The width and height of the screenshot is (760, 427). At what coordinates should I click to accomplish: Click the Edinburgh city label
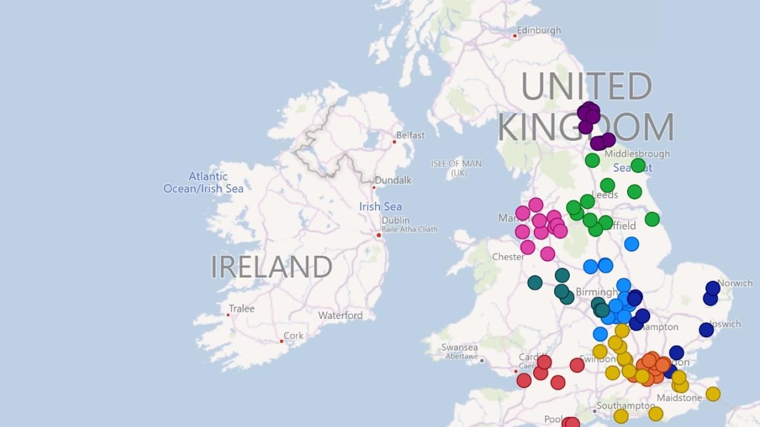point(538,30)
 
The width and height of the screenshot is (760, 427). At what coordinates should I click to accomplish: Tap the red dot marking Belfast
point(394,141)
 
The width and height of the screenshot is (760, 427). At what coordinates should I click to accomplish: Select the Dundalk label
point(393,180)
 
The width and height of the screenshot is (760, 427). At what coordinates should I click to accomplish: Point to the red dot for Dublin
point(379,235)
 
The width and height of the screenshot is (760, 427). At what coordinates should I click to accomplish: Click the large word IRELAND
point(271,267)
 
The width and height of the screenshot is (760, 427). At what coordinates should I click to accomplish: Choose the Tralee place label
point(241,308)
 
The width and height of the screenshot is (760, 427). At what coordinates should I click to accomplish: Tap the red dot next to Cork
point(282,341)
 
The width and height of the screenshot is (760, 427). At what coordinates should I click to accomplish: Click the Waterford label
point(340,315)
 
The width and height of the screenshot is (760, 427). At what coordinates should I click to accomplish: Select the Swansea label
point(460,348)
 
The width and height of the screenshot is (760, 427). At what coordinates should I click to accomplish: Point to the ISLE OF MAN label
point(456,164)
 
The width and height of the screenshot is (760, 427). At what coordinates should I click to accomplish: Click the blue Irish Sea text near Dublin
point(381,206)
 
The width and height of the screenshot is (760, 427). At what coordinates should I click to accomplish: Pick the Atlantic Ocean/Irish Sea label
point(203,182)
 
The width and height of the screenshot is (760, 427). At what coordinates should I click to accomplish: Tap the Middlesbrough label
point(637,154)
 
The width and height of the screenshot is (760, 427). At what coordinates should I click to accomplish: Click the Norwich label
point(735,283)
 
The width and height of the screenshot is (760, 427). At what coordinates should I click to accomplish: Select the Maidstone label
point(679,398)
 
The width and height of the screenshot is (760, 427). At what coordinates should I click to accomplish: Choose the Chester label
point(508,256)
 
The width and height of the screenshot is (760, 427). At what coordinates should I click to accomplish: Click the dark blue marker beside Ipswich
point(706,329)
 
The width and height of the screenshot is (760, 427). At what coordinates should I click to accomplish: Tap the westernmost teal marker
point(535,283)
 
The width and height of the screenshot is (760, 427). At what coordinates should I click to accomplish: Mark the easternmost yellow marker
point(713,394)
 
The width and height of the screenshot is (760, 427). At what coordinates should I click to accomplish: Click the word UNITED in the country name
point(586,86)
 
